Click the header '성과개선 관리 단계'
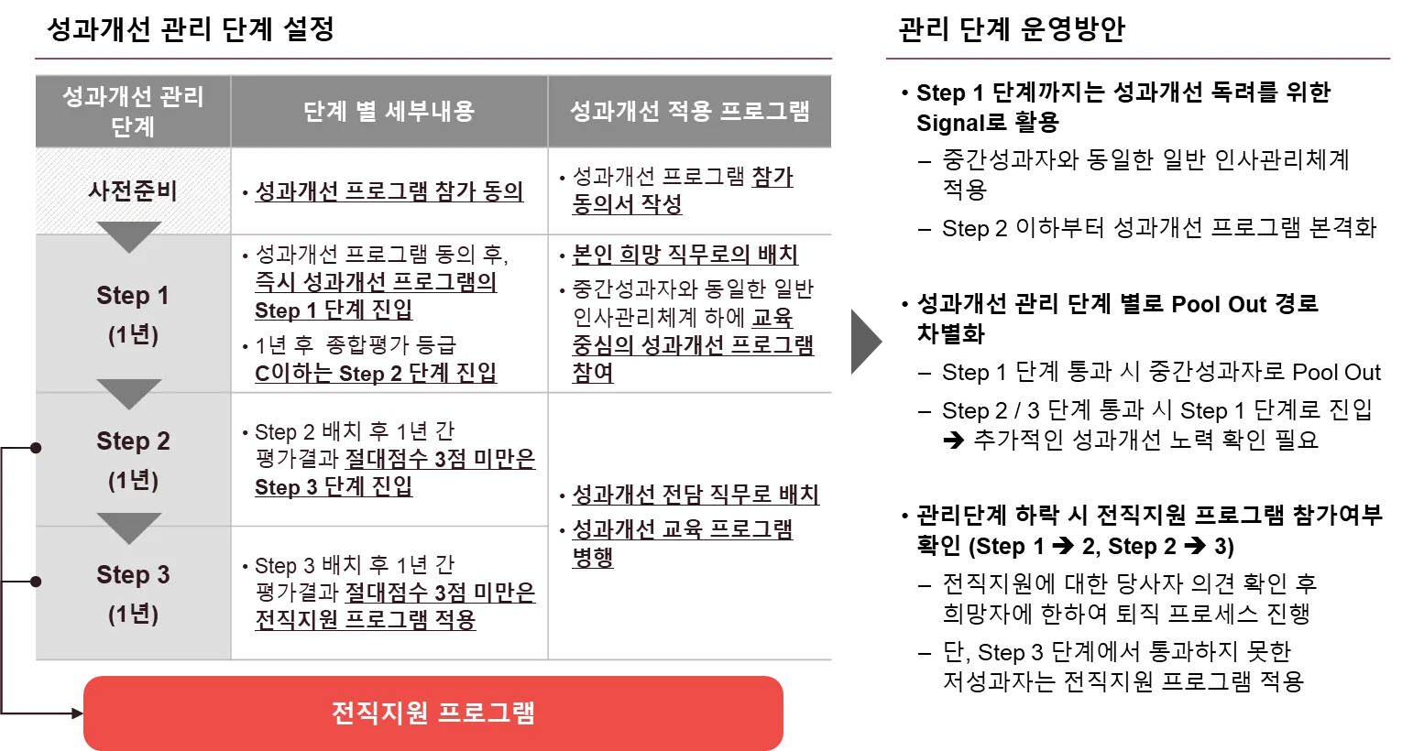[133, 111]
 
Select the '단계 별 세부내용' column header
[389, 112]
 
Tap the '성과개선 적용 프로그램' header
[690, 112]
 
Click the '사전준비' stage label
[133, 191]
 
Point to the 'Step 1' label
[133, 296]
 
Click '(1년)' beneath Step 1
[133, 334]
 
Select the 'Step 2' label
[133, 441]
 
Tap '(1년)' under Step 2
[133, 480]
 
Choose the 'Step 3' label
[133, 575]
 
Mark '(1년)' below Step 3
[133, 614]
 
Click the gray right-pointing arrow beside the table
[867, 345]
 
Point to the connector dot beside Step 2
[35, 448]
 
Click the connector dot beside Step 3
[35, 581]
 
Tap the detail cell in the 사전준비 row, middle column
[389, 191]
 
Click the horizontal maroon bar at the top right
[1135, 59]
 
